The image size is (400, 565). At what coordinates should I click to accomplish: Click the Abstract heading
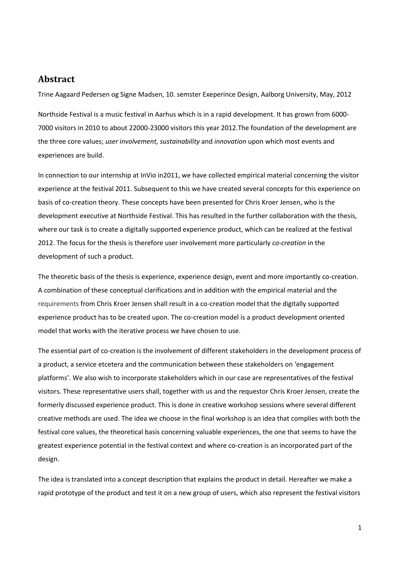(x=56, y=79)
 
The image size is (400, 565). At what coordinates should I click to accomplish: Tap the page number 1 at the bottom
(x=360, y=528)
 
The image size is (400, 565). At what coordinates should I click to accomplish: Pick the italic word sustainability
(x=180, y=141)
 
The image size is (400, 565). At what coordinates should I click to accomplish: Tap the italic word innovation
(x=230, y=141)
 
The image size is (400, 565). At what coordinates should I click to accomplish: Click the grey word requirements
(x=58, y=304)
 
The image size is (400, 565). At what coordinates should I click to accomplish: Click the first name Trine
(x=45, y=94)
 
